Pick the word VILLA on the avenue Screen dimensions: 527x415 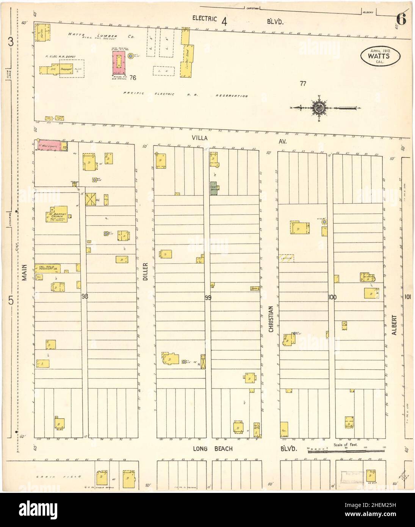[199, 138]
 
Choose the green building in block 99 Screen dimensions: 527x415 [214, 190]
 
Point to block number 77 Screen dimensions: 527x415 [302, 84]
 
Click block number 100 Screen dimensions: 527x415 [332, 298]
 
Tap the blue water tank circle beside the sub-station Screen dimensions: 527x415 [131, 56]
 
